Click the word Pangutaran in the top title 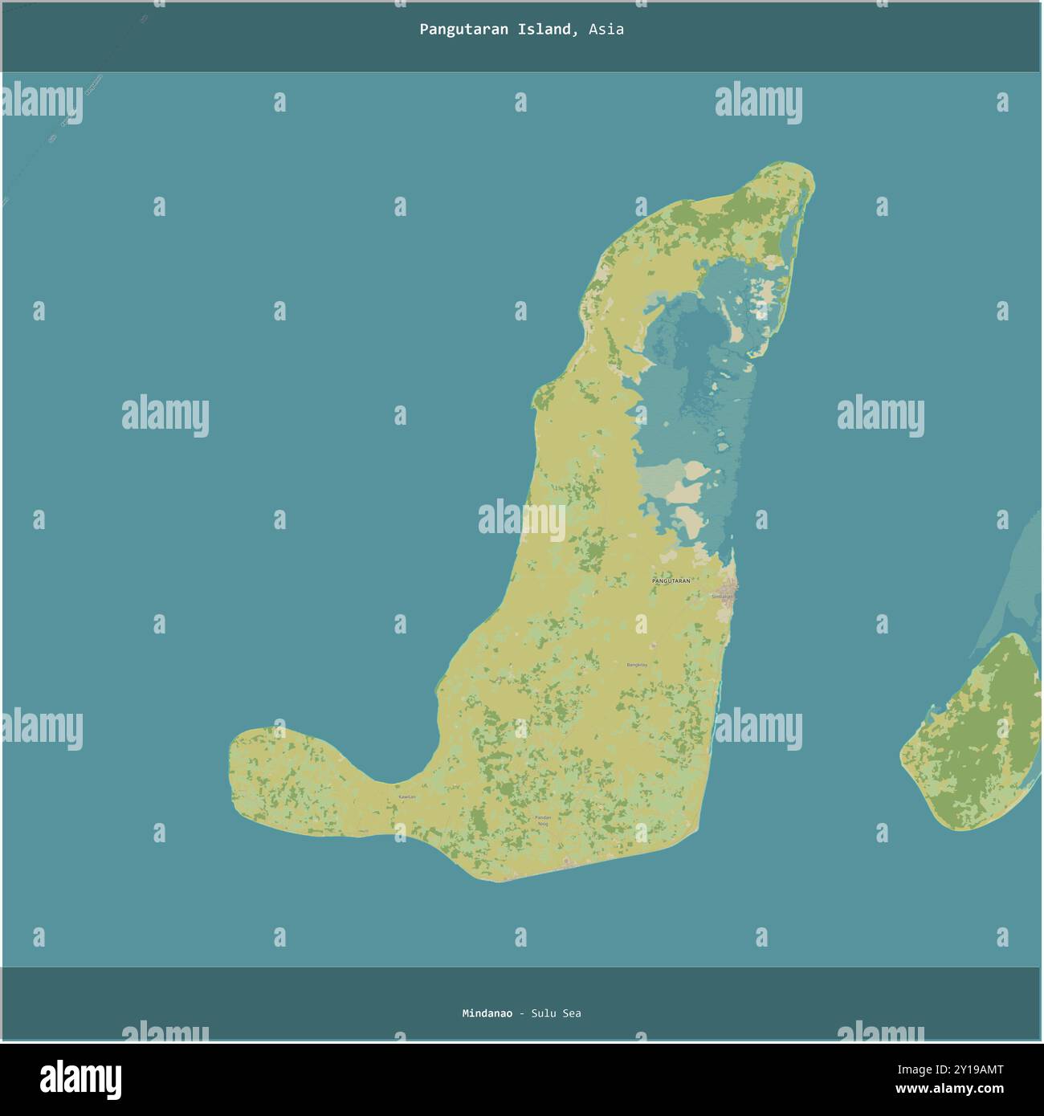pyautogui.click(x=455, y=30)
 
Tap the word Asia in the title pyautogui.click(x=606, y=30)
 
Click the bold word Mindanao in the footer pyautogui.click(x=487, y=1013)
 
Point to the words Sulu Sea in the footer pyautogui.click(x=556, y=1013)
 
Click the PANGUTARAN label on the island pyautogui.click(x=671, y=580)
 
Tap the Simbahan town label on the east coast pyautogui.click(x=721, y=597)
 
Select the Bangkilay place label pyautogui.click(x=636, y=665)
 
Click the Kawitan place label pyautogui.click(x=407, y=796)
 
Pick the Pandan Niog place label pyautogui.click(x=543, y=820)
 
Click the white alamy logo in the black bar pyautogui.click(x=80, y=1079)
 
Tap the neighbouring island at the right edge pyautogui.click(x=980, y=739)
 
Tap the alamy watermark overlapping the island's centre pyautogui.click(x=522, y=518)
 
